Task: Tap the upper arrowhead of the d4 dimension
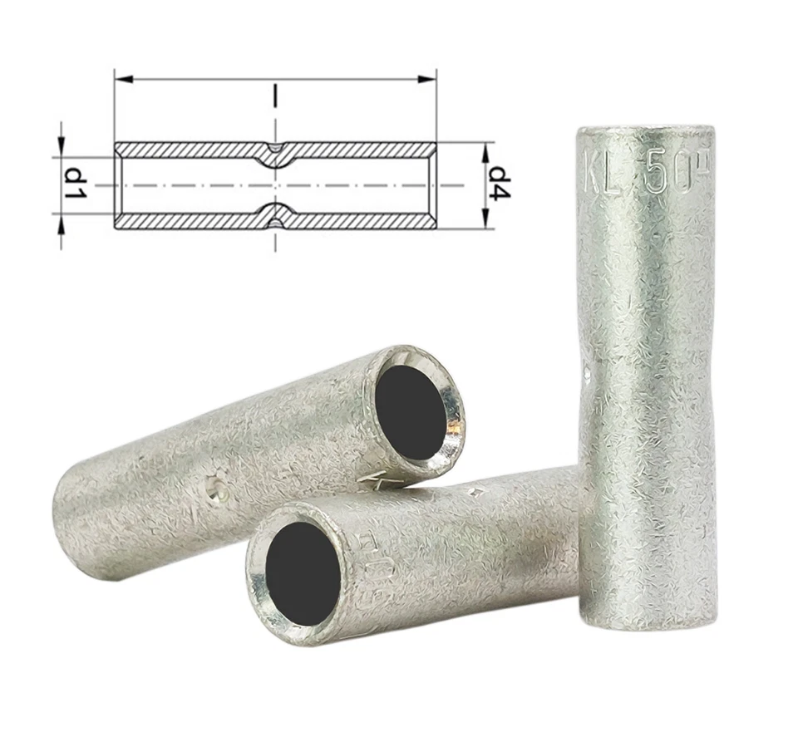486,149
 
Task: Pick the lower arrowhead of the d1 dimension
61,222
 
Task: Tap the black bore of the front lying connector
303,572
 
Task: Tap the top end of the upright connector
645,133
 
